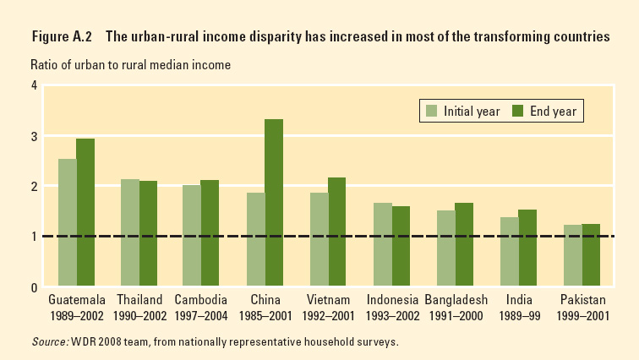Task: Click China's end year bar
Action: [x=274, y=203]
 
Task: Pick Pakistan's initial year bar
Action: [x=572, y=255]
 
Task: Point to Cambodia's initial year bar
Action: [x=193, y=236]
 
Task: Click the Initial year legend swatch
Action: [x=431, y=111]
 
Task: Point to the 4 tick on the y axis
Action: [x=34, y=85]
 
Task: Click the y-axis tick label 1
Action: [x=34, y=237]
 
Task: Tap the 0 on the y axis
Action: [x=34, y=287]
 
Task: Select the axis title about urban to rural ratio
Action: [x=130, y=64]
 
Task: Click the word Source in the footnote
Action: [x=49, y=342]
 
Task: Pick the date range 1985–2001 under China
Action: [x=265, y=315]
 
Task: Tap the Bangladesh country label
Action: [x=455, y=300]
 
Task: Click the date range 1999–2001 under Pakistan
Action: [x=582, y=315]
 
